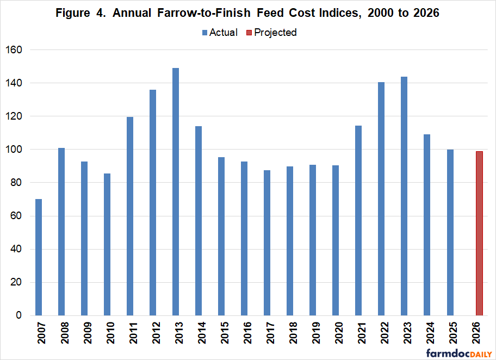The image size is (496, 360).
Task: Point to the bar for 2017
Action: click(267, 243)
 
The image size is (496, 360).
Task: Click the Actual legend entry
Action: click(220, 33)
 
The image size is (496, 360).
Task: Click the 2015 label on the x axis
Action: click(221, 335)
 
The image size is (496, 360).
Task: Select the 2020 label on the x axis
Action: click(336, 335)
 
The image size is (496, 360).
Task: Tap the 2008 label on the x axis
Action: click(61, 335)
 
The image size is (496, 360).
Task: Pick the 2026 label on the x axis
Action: click(473, 335)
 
